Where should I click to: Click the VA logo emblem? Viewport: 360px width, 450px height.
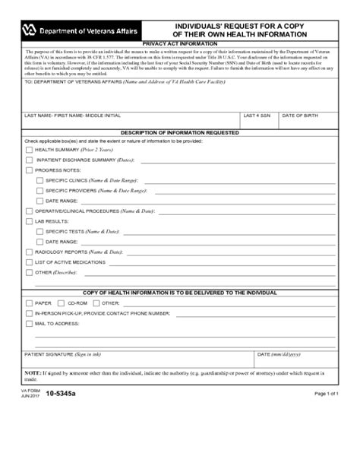pos(29,31)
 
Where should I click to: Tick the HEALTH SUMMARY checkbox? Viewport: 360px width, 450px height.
pos(29,151)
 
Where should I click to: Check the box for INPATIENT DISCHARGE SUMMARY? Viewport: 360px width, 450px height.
pos(29,160)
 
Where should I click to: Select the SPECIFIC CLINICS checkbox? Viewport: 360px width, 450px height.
pos(39,181)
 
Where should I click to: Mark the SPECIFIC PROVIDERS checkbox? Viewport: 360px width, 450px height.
pos(39,191)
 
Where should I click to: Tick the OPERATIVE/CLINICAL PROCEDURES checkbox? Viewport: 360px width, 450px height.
pos(29,211)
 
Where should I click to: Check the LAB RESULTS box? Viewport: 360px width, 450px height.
pos(29,221)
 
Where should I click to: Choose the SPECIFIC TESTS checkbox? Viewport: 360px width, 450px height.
pos(39,231)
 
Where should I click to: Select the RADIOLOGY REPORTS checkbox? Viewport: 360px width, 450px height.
pos(29,252)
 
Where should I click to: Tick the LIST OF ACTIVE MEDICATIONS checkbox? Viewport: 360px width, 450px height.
pos(29,261)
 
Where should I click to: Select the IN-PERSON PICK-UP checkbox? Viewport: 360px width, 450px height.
pos(29,313)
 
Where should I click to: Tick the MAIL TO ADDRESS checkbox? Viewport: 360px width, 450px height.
pos(29,323)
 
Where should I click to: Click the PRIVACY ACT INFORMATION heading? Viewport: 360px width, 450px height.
pos(179,44)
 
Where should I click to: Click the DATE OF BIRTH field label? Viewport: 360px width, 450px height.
pos(300,116)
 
